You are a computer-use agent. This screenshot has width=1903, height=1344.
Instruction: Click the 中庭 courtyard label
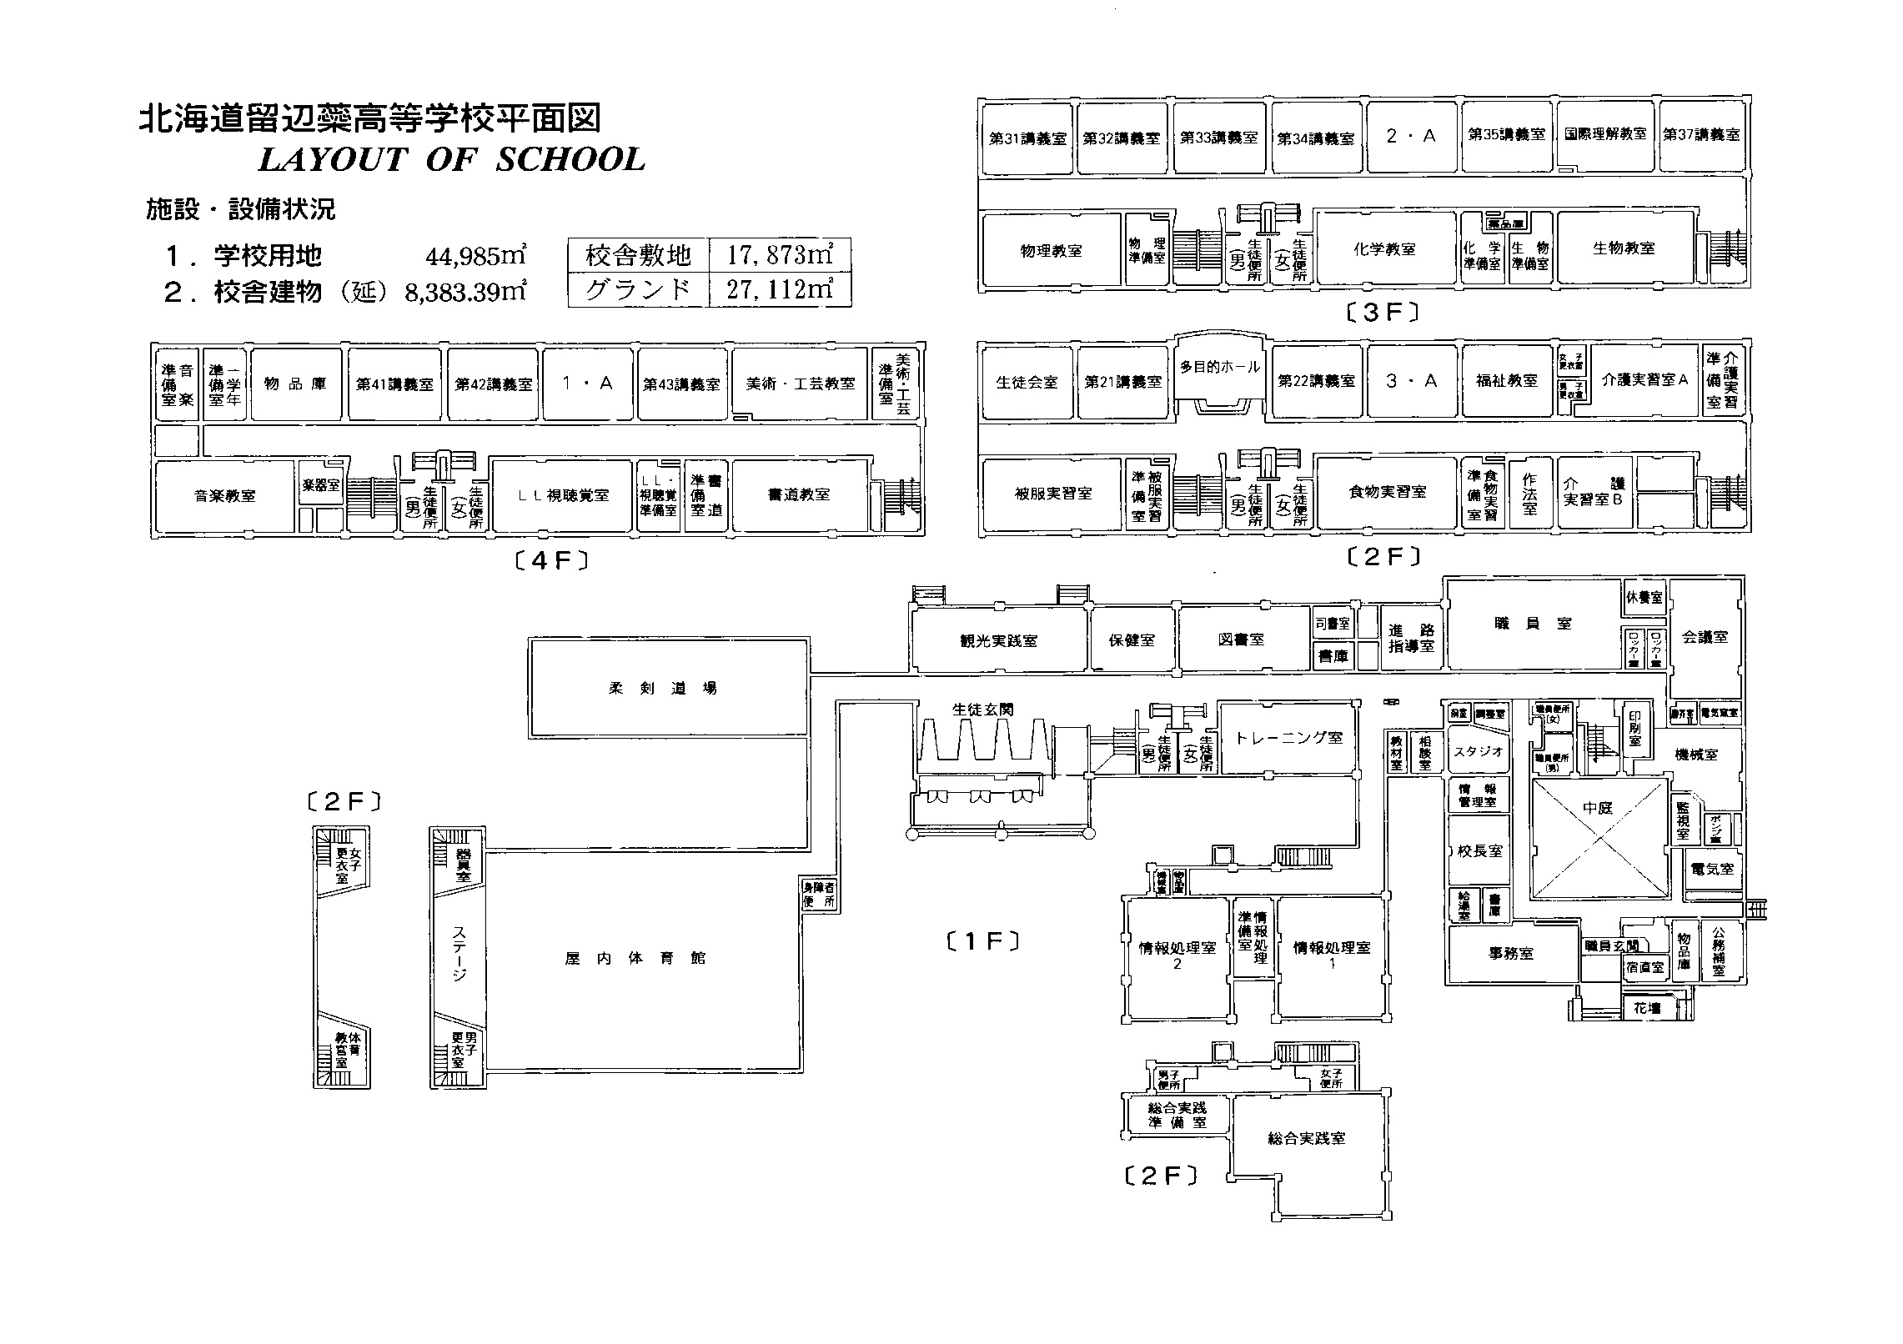tap(1598, 808)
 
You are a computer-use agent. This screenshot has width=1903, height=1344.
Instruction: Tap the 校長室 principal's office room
tap(1479, 851)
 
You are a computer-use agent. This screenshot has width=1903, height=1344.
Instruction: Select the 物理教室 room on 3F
tap(1051, 249)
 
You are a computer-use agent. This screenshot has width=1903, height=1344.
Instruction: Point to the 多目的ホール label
tap(1220, 367)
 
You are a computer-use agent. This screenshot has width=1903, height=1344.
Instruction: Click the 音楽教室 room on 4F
tap(224, 495)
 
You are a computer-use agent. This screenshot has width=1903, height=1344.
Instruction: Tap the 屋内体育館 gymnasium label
tap(635, 958)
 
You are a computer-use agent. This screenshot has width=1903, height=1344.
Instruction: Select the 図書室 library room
tap(1241, 639)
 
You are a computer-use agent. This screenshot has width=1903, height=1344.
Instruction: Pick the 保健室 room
tap(1132, 640)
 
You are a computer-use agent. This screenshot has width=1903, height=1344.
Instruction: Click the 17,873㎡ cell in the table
tap(779, 254)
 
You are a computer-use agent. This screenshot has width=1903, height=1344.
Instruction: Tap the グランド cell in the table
tap(638, 289)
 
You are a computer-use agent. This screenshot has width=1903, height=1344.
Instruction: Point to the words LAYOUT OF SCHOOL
tap(452, 159)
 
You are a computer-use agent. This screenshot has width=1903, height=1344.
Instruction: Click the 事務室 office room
tap(1511, 953)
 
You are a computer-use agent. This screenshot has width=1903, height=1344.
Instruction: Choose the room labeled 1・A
tap(587, 383)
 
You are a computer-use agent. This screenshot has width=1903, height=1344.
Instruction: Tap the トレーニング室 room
tap(1289, 737)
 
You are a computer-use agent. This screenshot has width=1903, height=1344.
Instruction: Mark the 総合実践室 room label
tap(1306, 1138)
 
